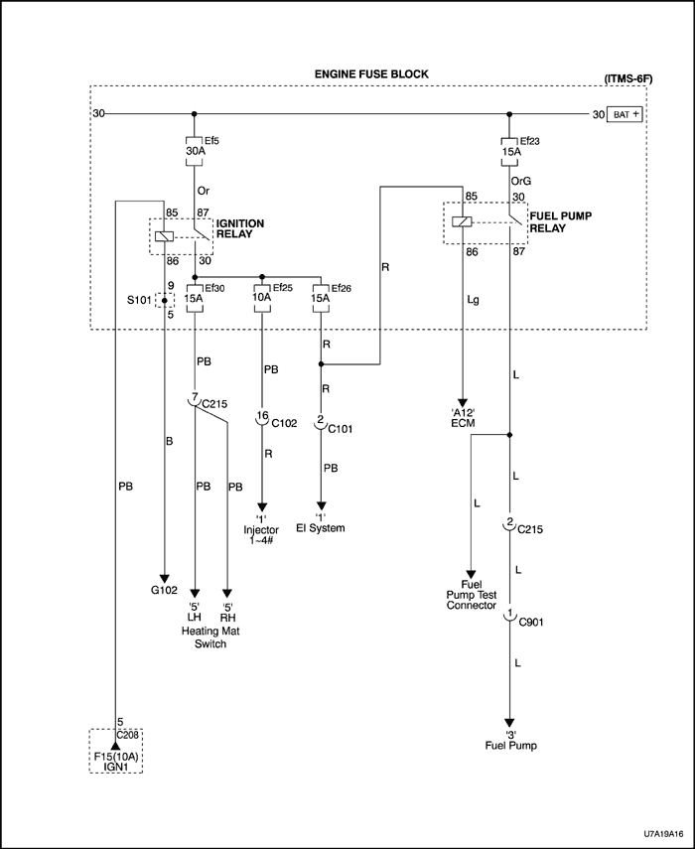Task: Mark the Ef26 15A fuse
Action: [x=320, y=296]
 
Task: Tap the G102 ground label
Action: [x=164, y=590]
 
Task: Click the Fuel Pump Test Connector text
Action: [x=472, y=595]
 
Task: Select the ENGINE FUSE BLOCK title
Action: [x=367, y=74]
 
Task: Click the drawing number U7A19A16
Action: [x=656, y=836]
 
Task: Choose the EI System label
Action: [x=320, y=528]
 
